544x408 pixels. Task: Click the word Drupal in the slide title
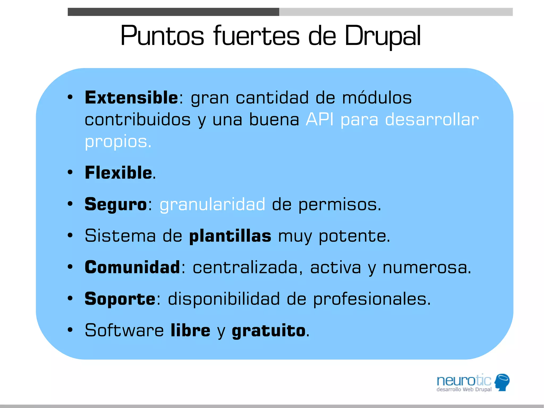(382, 36)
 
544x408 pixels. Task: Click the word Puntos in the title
(162, 36)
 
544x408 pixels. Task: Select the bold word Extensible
(131, 98)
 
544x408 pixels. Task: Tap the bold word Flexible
(118, 173)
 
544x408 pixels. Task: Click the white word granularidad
(212, 205)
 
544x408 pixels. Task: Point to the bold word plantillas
(230, 236)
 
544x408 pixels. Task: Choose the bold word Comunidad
(132, 267)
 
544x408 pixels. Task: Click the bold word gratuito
(269, 331)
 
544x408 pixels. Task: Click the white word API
(319, 119)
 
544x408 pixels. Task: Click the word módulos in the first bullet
(377, 98)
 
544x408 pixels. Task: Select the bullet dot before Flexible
(70, 172)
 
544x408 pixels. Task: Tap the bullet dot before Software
(70, 330)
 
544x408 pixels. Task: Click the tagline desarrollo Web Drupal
(464, 389)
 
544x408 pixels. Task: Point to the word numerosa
(427, 267)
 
